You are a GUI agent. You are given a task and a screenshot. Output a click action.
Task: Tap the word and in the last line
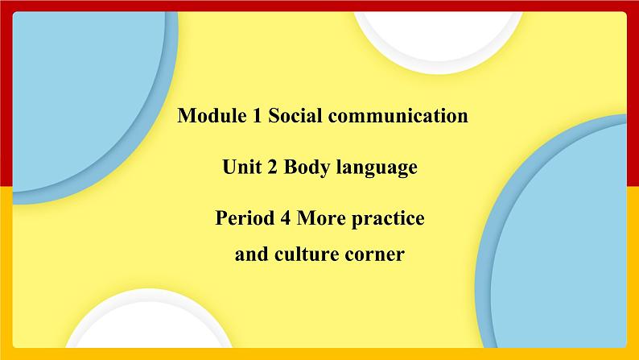coord(249,255)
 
